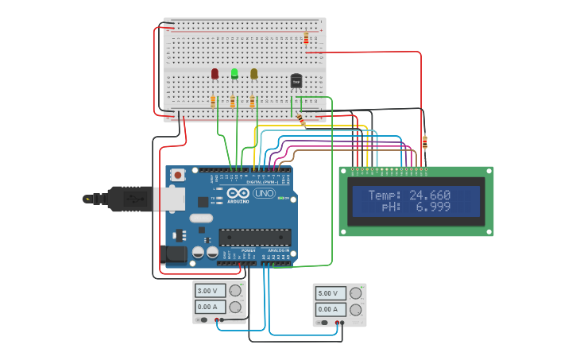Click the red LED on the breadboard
coord(215,73)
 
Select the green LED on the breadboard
coord(234,73)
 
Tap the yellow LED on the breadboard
coord(254,73)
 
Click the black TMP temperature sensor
coord(296,80)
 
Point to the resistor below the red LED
coord(213,101)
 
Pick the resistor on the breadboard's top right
coord(306,37)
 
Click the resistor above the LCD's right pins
coord(424,143)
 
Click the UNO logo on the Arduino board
coord(264,193)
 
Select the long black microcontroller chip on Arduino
coord(254,236)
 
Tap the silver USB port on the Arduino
coord(169,199)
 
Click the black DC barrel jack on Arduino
coord(173,254)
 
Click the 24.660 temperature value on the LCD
coord(430,195)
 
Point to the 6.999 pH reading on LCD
coord(434,207)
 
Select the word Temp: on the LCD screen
coord(385,195)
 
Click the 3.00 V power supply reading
coord(210,291)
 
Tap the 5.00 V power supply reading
coord(330,293)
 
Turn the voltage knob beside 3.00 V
coord(235,291)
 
